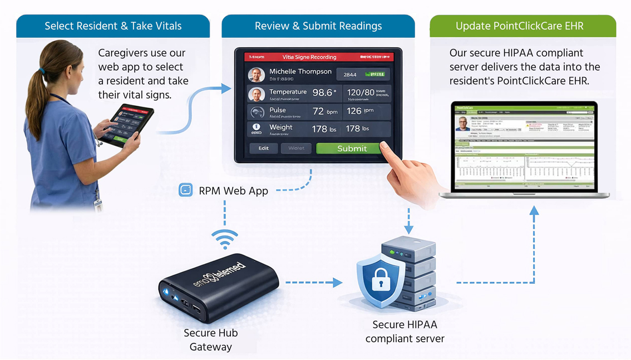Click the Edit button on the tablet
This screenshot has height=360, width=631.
coord(263,148)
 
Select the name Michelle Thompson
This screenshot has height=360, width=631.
coord(300,72)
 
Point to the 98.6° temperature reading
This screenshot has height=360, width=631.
coord(324,93)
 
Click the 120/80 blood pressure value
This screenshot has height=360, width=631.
coord(361,92)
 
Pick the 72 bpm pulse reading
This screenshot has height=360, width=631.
coord(324,111)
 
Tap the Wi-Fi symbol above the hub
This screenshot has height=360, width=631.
coord(224,240)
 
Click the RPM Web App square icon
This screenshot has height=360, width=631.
coord(185,190)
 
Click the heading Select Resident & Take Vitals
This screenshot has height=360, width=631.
coord(113,26)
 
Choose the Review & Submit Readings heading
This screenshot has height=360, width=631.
coord(318,26)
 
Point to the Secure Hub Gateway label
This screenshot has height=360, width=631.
coord(211,340)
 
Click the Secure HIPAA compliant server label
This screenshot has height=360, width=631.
coord(405,331)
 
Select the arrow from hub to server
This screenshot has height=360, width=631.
coord(314,283)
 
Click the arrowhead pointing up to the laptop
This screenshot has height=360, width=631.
coord(534,210)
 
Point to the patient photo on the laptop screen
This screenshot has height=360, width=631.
coord(462,124)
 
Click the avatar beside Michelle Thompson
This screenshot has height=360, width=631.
coord(256,75)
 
